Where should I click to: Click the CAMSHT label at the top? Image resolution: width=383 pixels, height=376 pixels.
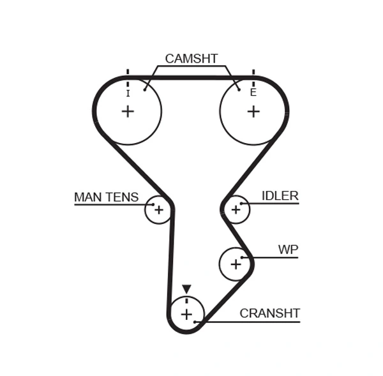tap(191, 59)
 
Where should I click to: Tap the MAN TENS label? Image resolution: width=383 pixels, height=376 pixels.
tap(106, 197)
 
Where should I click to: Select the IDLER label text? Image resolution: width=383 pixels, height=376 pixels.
tap(280, 196)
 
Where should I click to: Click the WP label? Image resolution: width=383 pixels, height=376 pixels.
tap(288, 250)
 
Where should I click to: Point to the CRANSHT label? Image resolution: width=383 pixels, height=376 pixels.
tap(269, 313)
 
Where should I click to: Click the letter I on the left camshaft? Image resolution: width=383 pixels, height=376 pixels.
tap(128, 93)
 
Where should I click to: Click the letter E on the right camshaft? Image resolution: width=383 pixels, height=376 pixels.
tap(253, 93)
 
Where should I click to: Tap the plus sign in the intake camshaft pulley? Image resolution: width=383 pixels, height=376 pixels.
tap(128, 112)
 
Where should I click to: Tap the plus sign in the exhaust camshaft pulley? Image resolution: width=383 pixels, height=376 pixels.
tap(253, 112)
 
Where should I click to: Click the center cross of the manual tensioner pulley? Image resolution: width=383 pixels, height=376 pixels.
tap(158, 209)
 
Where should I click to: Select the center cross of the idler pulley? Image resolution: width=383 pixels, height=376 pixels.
tap(236, 209)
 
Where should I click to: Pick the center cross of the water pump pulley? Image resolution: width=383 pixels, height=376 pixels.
tap(236, 264)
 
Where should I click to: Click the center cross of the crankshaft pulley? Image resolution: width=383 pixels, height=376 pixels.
tap(186, 314)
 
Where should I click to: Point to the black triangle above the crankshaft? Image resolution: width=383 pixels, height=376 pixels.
tap(186, 289)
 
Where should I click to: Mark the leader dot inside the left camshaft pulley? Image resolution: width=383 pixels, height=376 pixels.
tap(146, 89)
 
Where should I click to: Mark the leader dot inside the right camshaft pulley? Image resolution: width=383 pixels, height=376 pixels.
tap(239, 89)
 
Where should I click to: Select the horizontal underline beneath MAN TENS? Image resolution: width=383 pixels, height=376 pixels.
tap(112, 205)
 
